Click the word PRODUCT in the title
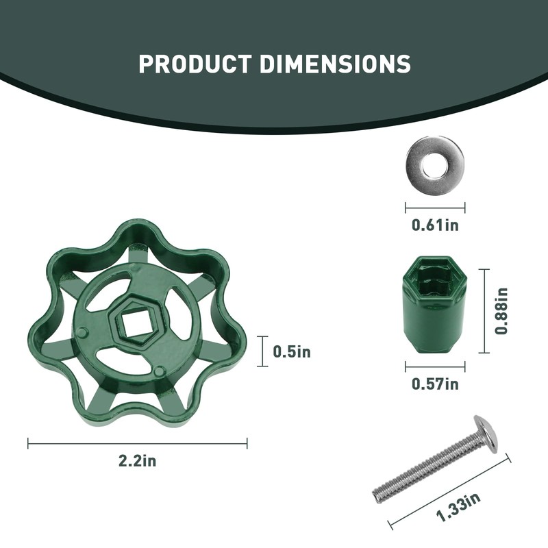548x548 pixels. (x=195, y=64)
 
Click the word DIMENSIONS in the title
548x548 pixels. (x=335, y=64)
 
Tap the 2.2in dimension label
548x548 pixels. (x=138, y=461)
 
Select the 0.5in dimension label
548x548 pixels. (x=292, y=351)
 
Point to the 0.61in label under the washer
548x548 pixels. (x=435, y=225)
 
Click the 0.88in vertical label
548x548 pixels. (x=501, y=311)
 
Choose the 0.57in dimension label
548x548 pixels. (x=435, y=384)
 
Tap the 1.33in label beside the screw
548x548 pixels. (x=458, y=506)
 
